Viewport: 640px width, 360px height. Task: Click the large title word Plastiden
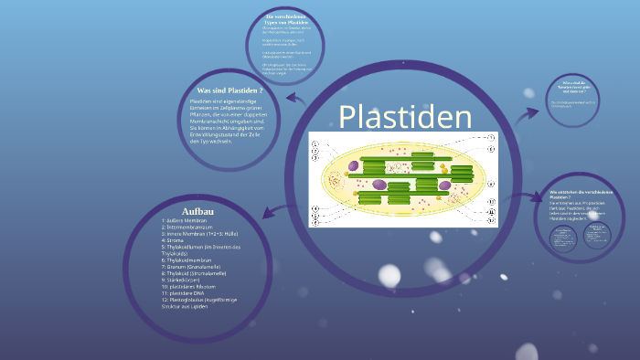pos(405,118)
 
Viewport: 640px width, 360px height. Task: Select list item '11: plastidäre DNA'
pos(187,292)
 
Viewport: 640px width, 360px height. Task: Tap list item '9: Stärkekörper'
pos(185,280)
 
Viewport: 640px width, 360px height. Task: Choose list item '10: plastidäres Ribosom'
pos(194,286)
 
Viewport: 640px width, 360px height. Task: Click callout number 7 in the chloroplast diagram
pos(491,137)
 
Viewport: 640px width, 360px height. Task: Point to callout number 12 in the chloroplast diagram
pos(491,220)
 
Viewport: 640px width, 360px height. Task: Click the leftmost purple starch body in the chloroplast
pos(379,185)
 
